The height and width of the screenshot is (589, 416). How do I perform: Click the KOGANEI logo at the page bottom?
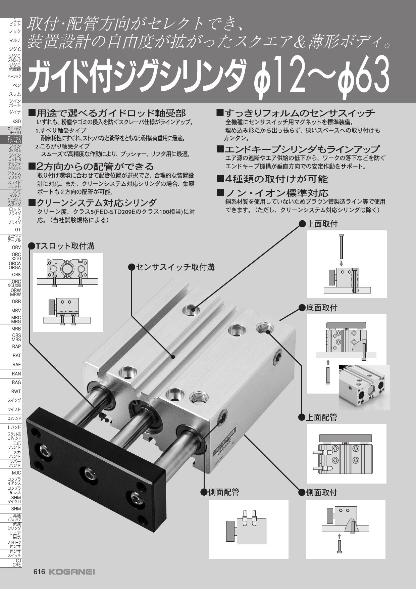[x=72, y=572]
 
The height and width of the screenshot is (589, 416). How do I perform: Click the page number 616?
[x=39, y=572]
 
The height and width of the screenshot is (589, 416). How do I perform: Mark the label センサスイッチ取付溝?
[x=175, y=267]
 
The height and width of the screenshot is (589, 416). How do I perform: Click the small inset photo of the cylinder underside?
[x=364, y=387]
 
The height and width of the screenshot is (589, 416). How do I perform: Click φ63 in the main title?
[x=364, y=77]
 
